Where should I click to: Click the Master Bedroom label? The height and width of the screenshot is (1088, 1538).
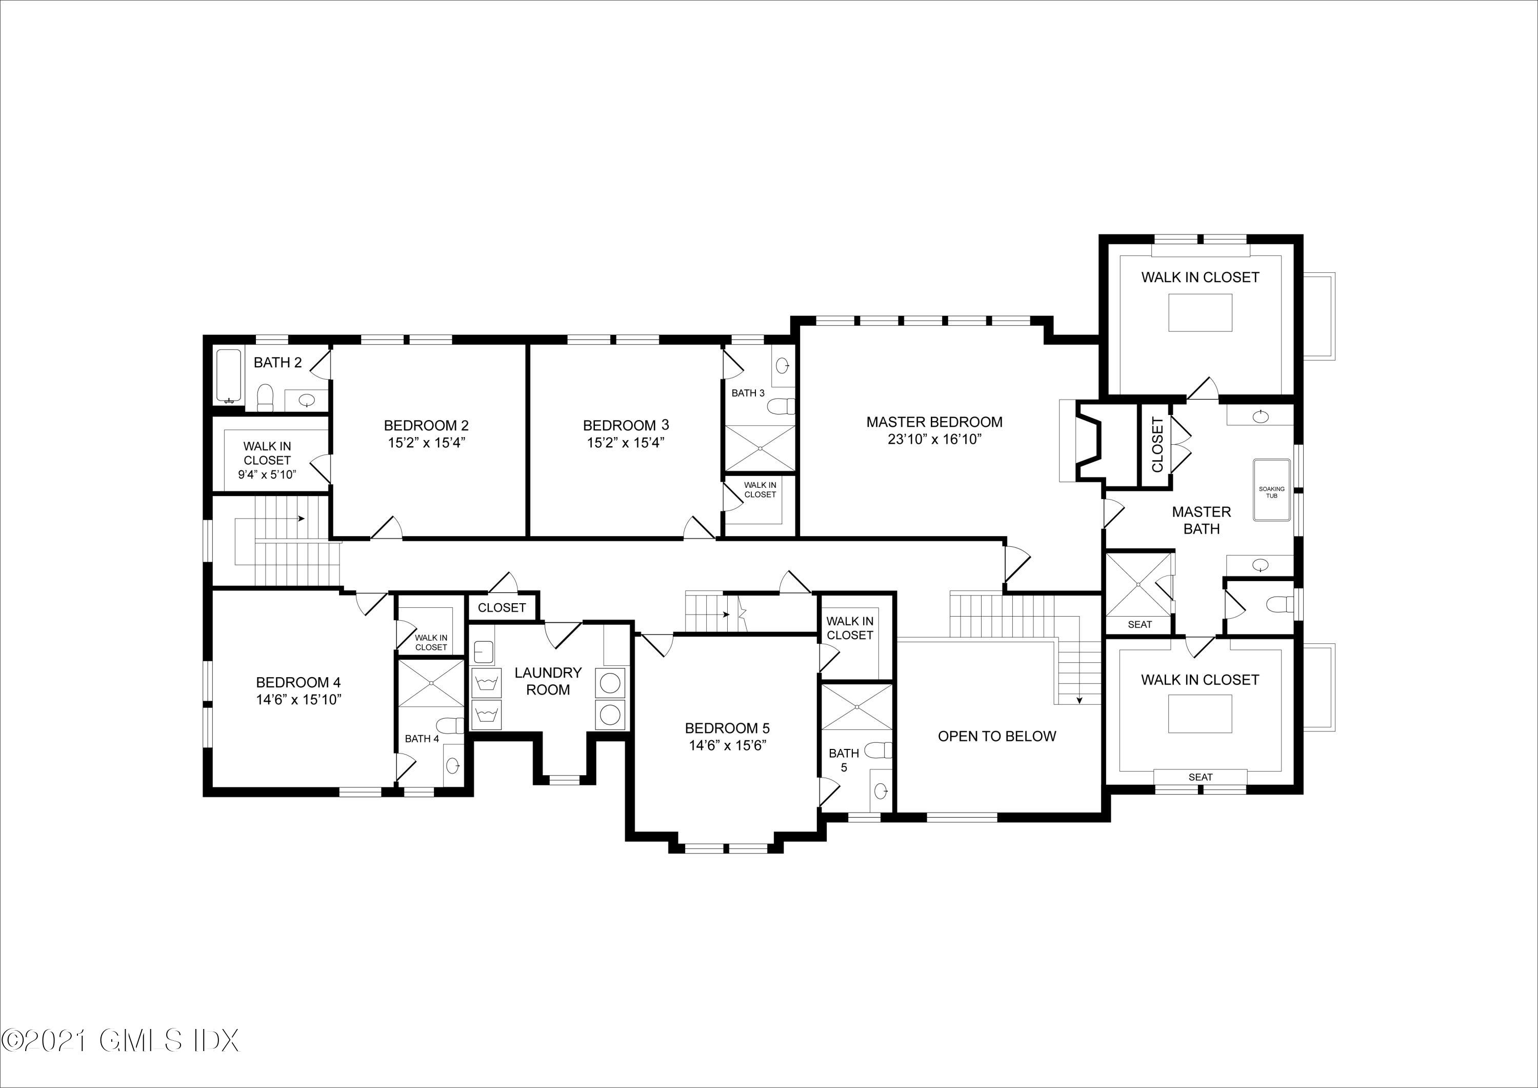[934, 422]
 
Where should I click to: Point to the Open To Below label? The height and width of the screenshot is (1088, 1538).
[997, 736]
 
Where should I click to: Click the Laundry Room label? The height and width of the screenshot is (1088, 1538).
[548, 681]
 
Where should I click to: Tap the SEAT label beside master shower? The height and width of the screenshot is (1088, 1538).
[1140, 624]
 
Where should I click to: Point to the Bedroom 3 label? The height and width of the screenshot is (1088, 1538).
[626, 425]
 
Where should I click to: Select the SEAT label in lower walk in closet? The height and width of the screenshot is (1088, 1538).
[1201, 777]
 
